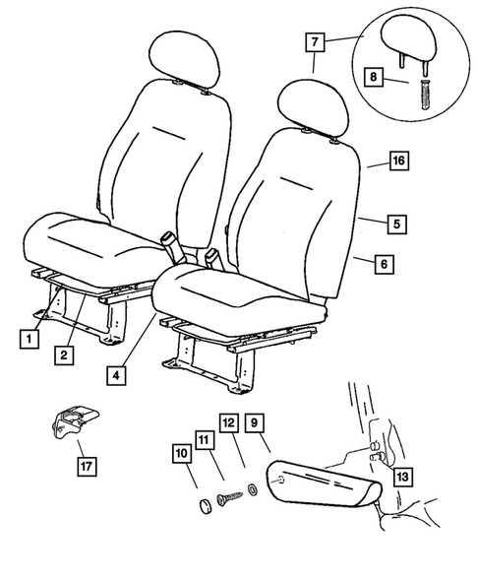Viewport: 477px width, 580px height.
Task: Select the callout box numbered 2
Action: click(x=64, y=354)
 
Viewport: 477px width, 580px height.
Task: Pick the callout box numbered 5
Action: click(x=394, y=225)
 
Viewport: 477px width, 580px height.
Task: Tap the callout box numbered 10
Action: click(x=181, y=453)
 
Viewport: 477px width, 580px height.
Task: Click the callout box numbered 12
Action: click(x=228, y=423)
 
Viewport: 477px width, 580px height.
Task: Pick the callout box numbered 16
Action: click(x=397, y=160)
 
